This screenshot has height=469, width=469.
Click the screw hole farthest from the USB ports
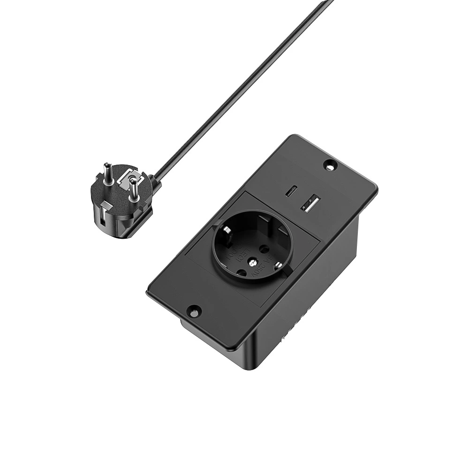[193, 310]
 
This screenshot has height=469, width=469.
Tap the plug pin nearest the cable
[133, 190]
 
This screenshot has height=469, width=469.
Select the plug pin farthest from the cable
[107, 174]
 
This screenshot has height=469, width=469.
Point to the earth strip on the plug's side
[102, 218]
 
